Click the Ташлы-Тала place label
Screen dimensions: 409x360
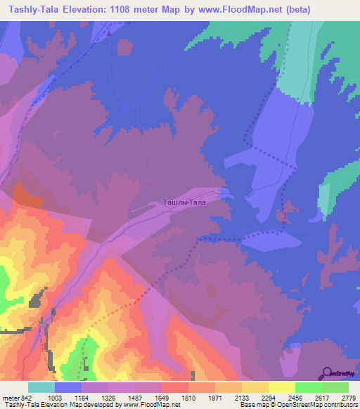coord(184,202)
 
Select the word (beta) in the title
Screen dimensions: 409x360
coord(293,9)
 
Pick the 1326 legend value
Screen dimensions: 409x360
coord(122,398)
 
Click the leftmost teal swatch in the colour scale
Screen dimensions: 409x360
coord(41,387)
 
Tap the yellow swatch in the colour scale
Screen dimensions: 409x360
coord(281,387)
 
